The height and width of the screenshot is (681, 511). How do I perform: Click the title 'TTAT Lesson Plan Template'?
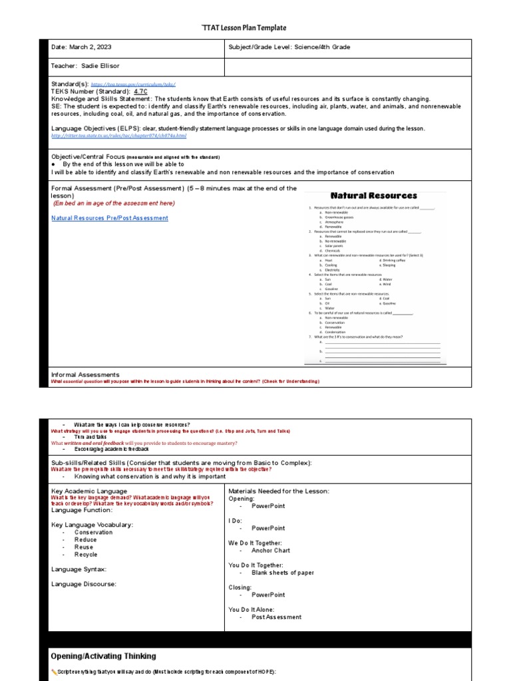point(243,28)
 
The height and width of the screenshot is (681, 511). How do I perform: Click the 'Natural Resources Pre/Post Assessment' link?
point(110,218)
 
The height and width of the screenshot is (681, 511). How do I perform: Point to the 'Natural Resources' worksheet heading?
point(374,196)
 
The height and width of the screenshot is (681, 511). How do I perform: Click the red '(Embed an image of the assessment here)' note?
point(114,204)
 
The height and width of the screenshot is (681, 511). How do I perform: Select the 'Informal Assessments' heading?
point(85,374)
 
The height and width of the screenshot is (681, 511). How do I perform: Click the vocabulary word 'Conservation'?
point(93,532)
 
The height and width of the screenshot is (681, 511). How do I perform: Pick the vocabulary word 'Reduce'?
point(85,539)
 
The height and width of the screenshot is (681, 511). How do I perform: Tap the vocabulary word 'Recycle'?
point(85,554)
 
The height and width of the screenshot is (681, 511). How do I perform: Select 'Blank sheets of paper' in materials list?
point(282,573)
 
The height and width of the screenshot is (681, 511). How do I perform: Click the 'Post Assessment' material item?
point(276,617)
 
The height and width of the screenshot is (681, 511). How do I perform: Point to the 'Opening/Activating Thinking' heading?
point(103,656)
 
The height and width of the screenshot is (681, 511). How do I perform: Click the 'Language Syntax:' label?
point(79,569)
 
